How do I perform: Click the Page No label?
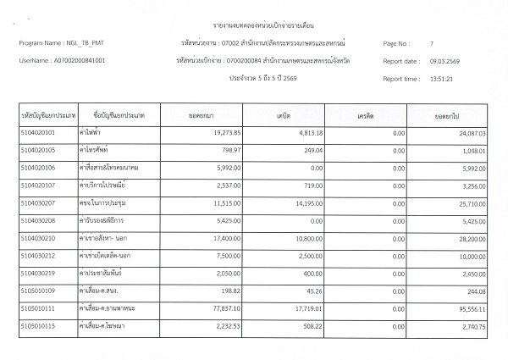[396, 42]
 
